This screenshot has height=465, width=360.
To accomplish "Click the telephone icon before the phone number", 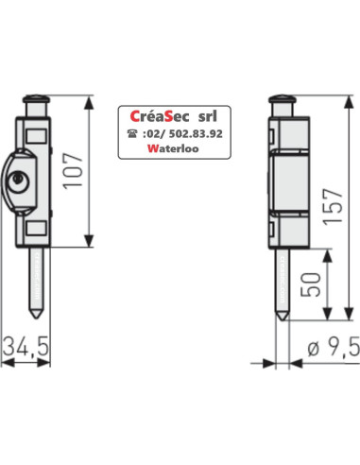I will click(131, 133).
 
